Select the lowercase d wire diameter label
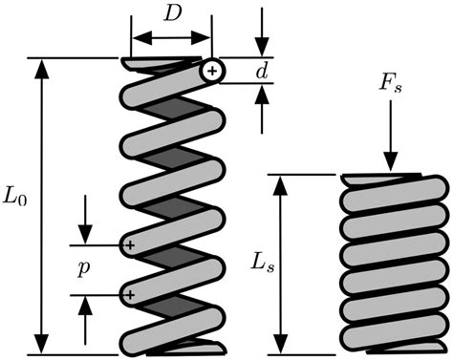[262, 71]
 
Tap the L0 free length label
[16, 203]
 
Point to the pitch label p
[86, 269]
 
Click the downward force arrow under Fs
[389, 144]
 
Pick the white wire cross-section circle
[212, 71]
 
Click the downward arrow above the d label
[262, 37]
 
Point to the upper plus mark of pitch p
[129, 246]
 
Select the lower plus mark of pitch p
[129, 296]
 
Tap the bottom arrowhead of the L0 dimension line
[41, 344]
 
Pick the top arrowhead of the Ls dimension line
[279, 184]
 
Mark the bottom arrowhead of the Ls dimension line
[279, 344]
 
